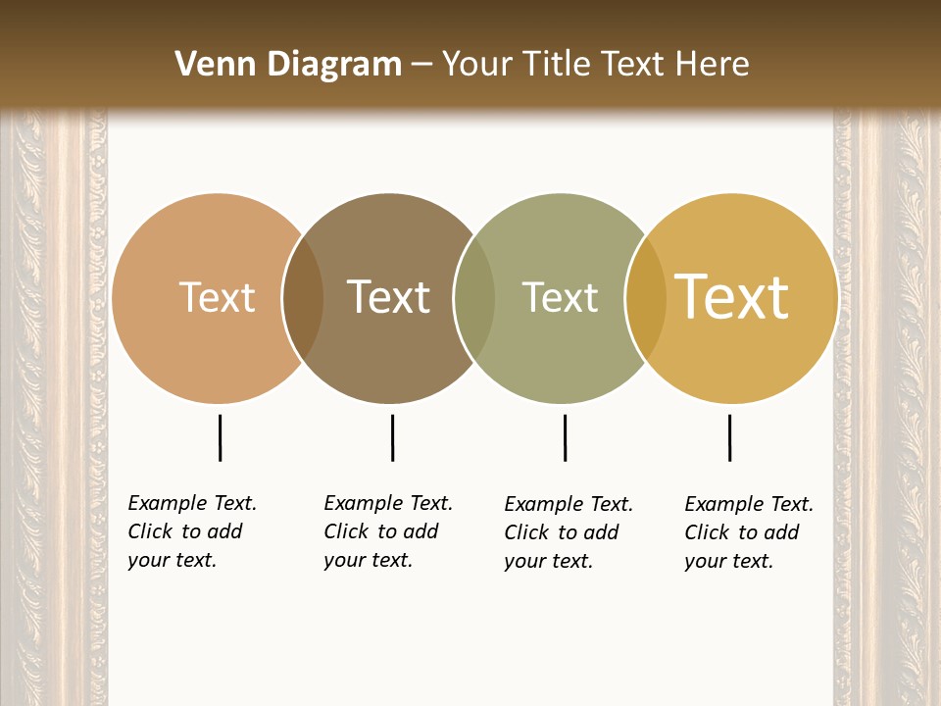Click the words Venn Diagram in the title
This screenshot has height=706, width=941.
coord(288,65)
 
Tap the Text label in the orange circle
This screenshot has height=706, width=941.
coord(217,297)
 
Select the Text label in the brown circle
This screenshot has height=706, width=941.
coord(389,297)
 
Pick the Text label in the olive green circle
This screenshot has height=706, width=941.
coord(560,297)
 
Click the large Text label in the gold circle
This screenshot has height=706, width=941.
coord(732,297)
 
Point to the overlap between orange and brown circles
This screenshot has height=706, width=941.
coord(303,298)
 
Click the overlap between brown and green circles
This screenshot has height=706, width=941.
coord(474,298)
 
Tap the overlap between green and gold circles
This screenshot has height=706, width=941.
coord(646,298)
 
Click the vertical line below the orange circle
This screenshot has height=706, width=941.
coord(220,437)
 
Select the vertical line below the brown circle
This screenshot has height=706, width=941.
coord(392,437)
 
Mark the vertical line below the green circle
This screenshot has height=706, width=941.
coord(565,437)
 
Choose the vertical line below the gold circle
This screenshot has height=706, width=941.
coord(729,437)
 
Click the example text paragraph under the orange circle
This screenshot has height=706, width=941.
coord(191,531)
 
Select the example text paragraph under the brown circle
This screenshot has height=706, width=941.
coord(387,531)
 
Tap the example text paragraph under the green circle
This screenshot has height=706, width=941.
coord(568,532)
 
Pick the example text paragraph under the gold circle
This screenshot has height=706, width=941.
coord(748,532)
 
